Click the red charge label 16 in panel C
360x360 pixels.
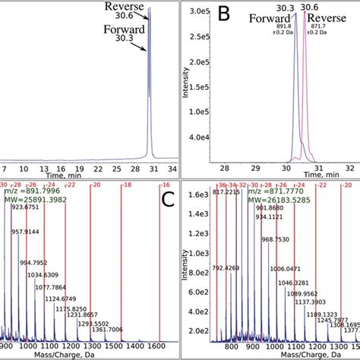[163, 185]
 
